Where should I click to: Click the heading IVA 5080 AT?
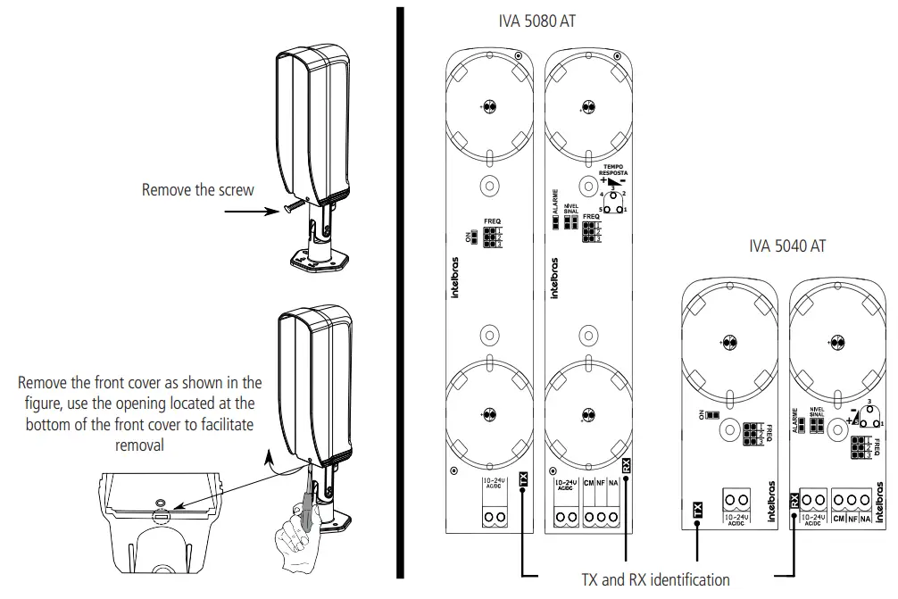(536, 22)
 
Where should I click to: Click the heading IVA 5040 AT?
(787, 247)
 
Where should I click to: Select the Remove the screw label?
(198, 190)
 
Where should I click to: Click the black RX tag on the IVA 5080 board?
(627, 464)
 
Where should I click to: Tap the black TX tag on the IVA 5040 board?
(697, 511)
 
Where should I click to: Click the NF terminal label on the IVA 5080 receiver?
(601, 483)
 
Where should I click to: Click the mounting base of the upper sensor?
(318, 258)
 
